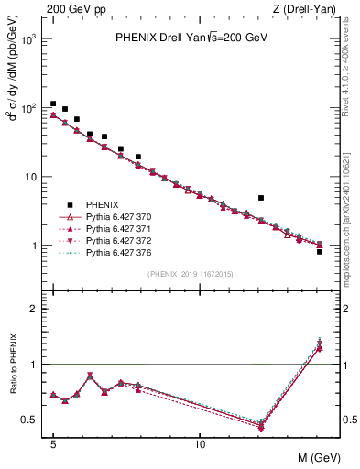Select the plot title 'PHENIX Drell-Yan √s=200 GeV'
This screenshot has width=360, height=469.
point(191,38)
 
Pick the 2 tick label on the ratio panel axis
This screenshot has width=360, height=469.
point(35,309)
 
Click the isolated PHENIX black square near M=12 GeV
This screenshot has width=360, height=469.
point(261,198)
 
